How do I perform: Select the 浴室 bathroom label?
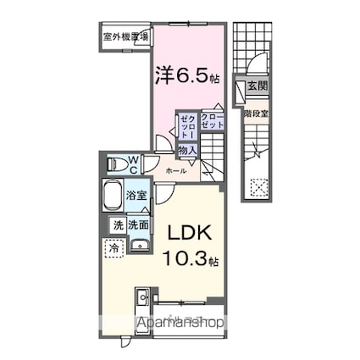point(136,194)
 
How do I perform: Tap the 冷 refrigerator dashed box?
point(114,248)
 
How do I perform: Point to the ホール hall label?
point(176,171)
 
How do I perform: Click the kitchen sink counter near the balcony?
point(141,302)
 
